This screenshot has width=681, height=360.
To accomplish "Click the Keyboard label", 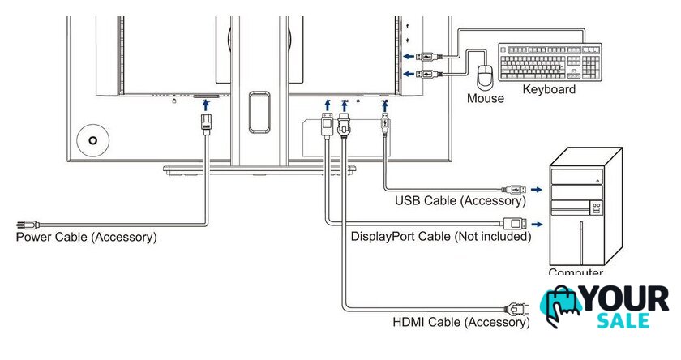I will pyautogui.click(x=549, y=89).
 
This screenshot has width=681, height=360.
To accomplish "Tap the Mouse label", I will pyautogui.click(x=486, y=98).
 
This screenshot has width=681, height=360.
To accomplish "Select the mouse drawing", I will pyautogui.click(x=486, y=77).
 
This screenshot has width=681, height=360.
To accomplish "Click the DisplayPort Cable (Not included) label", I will pyautogui.click(x=441, y=237).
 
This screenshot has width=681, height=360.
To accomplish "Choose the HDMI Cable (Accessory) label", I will pyautogui.click(x=460, y=322).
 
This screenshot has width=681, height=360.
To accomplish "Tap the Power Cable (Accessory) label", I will pyautogui.click(x=86, y=237).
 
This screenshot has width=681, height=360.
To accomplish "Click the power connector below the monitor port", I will pyautogui.click(x=206, y=123).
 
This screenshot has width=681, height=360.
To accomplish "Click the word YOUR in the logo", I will pyautogui.click(x=627, y=298).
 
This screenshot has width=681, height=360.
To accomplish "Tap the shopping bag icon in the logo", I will pyautogui.click(x=562, y=306).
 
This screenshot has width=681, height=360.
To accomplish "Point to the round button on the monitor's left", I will pyautogui.click(x=95, y=139).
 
